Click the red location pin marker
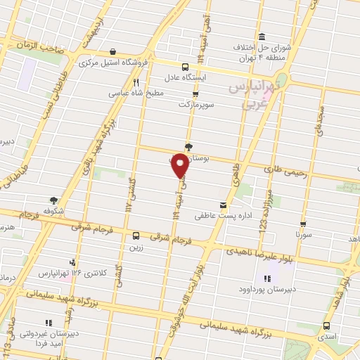181,166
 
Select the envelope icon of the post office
224,205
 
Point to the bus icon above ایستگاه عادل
185,67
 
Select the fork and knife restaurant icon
127,82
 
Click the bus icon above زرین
136,236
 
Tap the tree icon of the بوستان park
188,147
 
